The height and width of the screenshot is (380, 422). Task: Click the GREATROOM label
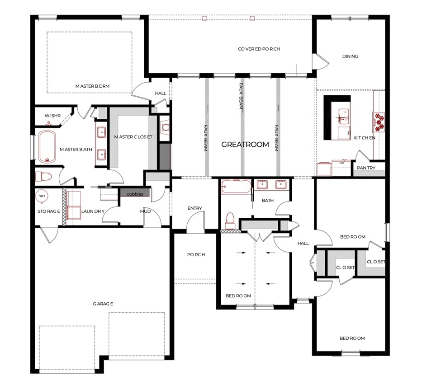coord(245,145)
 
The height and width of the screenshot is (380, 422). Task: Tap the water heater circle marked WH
coord(42,196)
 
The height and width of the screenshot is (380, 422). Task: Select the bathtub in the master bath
coord(46,147)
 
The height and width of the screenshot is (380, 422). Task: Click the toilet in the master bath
coord(44,176)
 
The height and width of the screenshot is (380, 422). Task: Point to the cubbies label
coord(135,194)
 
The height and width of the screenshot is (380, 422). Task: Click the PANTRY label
coord(368,167)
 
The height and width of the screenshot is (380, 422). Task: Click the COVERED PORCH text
coord(259,49)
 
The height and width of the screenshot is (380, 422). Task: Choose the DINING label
coord(350,56)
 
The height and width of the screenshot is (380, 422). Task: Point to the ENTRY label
coord(194,208)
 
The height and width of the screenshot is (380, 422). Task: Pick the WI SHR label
coord(52,116)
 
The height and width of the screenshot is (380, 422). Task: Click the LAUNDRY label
coord(93,211)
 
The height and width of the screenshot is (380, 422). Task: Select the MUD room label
coord(145,211)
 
